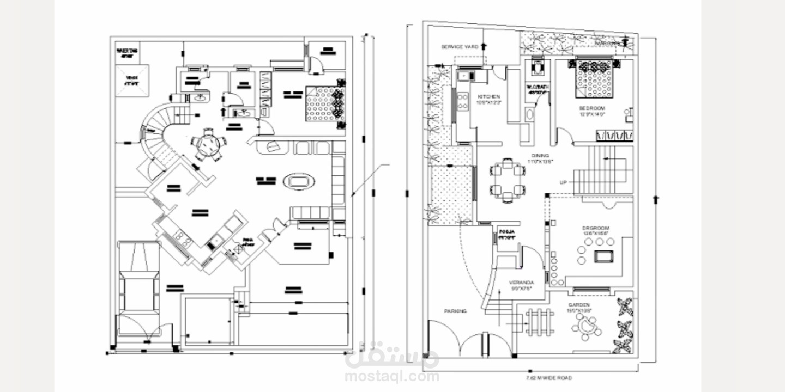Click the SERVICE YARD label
460,47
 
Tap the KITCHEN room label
488,97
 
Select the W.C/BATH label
538,87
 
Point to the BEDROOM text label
592,108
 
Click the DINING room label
540,156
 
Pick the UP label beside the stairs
563,182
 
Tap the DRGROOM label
595,228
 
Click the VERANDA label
521,283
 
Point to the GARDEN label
579,305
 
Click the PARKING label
455,311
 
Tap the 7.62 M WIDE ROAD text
548,377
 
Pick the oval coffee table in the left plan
299,181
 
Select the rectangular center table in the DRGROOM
603,255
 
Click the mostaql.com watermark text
391,376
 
